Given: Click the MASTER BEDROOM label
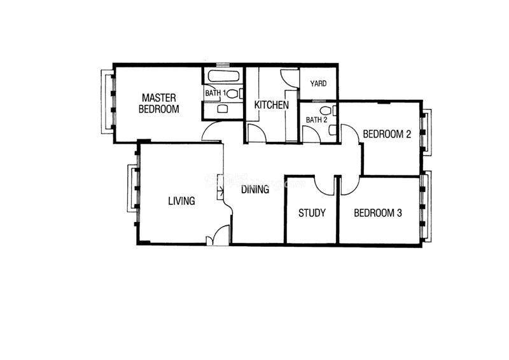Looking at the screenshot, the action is coord(158,103).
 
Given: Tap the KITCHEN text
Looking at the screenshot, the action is coord(272,105).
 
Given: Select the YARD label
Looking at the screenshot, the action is coord(318,83).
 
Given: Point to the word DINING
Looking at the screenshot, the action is coord(255,190).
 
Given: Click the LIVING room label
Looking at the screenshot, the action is coord(181,201).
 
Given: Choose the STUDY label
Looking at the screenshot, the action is coord(312,213).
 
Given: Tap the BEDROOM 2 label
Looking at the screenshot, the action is coord(387,134).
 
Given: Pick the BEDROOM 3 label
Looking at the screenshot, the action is coord(378,213).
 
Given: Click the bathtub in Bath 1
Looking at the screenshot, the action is coord(224,76).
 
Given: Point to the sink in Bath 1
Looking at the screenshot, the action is coord(222,108).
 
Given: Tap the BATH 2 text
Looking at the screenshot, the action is coord(316,120).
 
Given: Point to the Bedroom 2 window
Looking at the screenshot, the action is coord(426,132).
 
